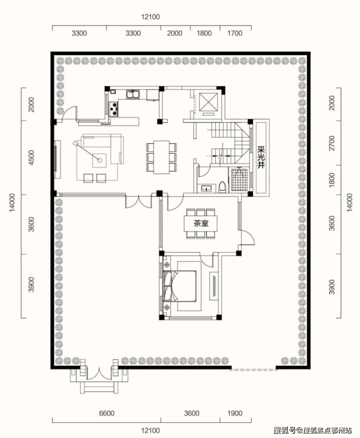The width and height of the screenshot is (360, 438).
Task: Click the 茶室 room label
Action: [x=201, y=223]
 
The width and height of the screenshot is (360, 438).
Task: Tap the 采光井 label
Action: [x=261, y=157]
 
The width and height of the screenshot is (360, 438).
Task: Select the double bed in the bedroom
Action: [x=180, y=286]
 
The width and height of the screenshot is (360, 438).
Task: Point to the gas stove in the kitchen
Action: [x=113, y=109]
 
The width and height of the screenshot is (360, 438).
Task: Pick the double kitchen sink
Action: [x=133, y=94]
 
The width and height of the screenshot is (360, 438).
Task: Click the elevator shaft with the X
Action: [x=208, y=102]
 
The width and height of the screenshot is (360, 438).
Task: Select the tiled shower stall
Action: [x=239, y=180]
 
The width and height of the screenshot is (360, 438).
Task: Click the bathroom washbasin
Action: [x=207, y=188]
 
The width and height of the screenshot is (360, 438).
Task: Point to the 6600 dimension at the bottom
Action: [x=107, y=413]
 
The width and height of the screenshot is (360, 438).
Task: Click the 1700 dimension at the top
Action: [x=234, y=33]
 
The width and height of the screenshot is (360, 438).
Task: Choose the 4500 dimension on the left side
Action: [x=31, y=158]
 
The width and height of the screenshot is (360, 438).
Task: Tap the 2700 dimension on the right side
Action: [x=332, y=143]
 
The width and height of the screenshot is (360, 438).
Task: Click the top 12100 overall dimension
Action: [x=150, y=17]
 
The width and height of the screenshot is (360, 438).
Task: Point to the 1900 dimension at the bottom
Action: [x=234, y=413]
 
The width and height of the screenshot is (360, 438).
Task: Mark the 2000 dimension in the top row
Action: [x=175, y=33]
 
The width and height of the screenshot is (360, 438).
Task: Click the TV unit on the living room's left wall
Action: [x=57, y=159]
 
